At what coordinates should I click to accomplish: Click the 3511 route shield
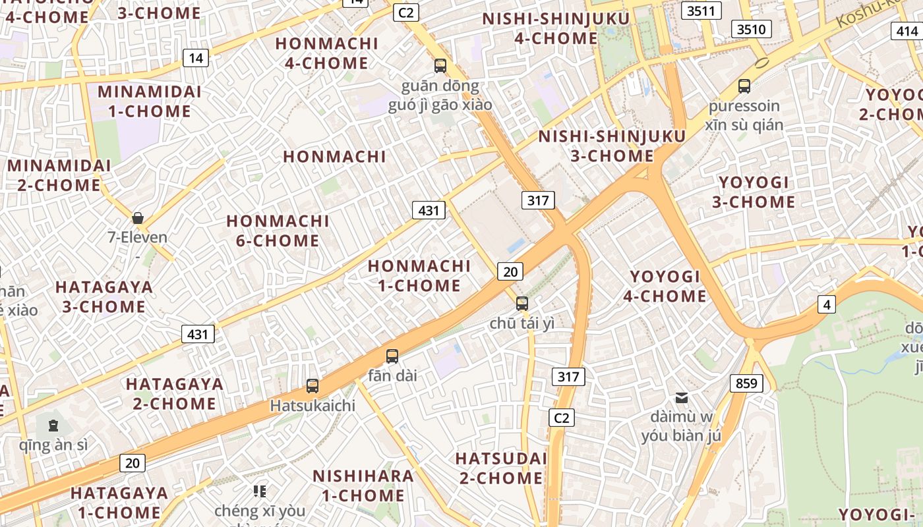pos(701,11)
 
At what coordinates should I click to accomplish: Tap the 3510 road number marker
pos(752,29)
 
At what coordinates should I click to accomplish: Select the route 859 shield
pos(746,383)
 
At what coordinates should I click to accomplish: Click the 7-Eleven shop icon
pos(138,218)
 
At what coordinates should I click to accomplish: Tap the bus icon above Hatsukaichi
pos(313,386)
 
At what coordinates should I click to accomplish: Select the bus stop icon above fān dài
pos(392,356)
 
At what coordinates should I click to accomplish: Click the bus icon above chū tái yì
pos(522,304)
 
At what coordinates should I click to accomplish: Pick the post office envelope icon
pos(682,397)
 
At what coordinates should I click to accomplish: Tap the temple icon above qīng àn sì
pos(53,425)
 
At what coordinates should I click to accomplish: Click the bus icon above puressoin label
pos(744,86)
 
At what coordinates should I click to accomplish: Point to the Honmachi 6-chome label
pos(278,231)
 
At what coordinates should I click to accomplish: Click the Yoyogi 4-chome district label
pos(665,286)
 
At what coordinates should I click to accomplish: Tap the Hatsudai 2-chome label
pos(502,468)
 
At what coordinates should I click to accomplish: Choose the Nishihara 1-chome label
pos(363,485)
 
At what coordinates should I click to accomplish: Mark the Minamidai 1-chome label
pos(150,101)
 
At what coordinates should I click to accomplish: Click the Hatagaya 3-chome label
pos(104,296)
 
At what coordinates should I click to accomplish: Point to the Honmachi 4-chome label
pos(327,53)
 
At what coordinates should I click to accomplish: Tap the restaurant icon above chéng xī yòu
pos(260,491)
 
